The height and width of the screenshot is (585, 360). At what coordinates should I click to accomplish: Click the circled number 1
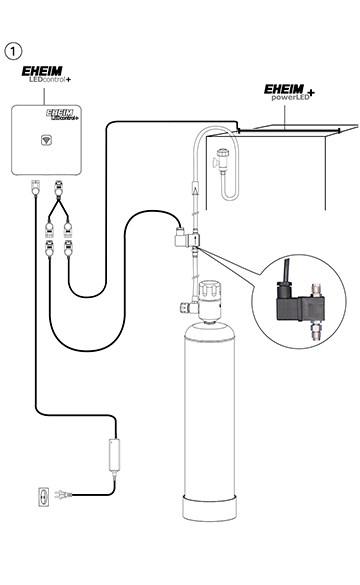tap(14, 49)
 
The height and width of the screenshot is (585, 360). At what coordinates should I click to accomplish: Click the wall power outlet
tap(42, 496)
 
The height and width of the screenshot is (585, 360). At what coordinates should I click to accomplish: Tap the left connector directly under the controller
tap(35, 185)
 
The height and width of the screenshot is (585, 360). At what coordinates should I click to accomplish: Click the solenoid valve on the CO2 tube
tap(184, 240)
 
